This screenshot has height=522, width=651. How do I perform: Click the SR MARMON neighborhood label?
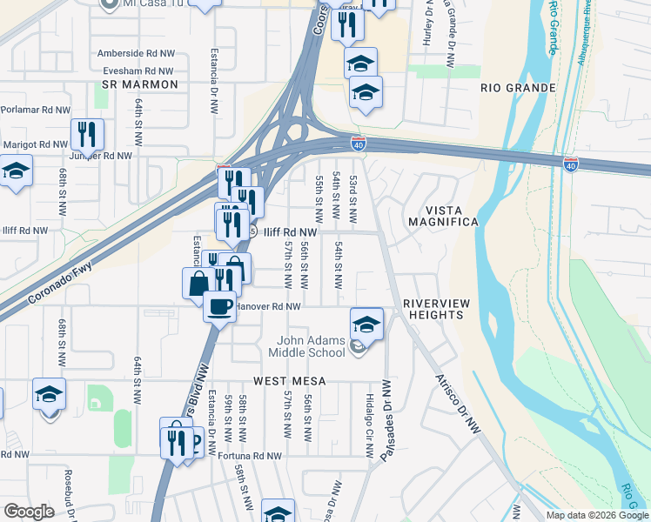point(139,84)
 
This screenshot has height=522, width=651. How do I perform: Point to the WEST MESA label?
point(290,381)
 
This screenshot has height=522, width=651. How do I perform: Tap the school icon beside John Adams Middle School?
point(367,324)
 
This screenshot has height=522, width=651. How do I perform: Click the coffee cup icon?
point(219,305)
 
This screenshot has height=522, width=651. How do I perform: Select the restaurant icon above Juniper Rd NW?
point(87,134)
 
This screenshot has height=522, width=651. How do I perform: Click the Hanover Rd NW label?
point(268,306)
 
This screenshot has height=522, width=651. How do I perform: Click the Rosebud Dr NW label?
point(67,492)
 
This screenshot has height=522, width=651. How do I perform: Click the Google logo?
point(29,512)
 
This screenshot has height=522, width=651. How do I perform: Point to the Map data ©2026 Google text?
point(597,515)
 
